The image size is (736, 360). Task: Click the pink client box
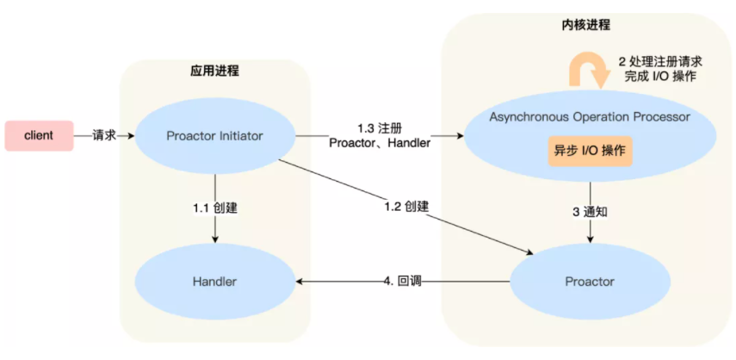click(x=39, y=135)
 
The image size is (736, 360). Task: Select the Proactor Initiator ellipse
click(x=214, y=136)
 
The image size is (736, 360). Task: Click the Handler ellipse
click(x=214, y=282)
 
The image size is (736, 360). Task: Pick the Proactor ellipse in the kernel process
click(x=590, y=282)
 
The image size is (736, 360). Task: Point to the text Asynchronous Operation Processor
click(x=590, y=115)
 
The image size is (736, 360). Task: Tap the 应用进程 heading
click(x=214, y=71)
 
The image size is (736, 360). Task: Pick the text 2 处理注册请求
click(x=660, y=61)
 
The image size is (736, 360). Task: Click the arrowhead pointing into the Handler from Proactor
click(x=300, y=282)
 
